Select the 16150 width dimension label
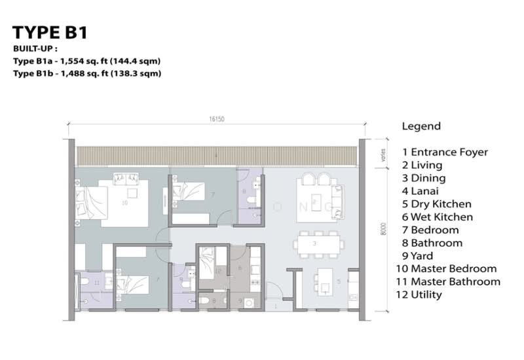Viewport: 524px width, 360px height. coord(217,119)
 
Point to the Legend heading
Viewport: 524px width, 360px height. coord(421,126)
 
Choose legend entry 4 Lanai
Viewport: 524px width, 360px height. coord(423,191)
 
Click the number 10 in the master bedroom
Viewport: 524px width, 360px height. coord(124,203)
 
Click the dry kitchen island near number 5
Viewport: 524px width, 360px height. coord(323,282)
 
